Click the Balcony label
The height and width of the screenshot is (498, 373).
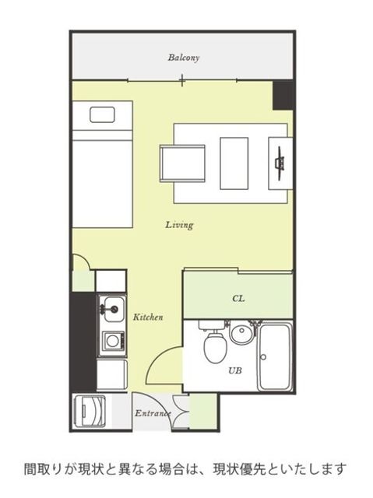pyautogui.click(x=184, y=58)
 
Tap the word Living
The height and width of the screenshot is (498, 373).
pyautogui.click(x=179, y=225)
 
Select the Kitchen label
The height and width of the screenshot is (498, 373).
pyautogui.click(x=148, y=317)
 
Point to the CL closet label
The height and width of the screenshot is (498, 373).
pyautogui.click(x=238, y=299)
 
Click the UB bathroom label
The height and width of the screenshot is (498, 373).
pyautogui.click(x=235, y=370)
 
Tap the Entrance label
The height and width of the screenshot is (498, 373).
pyautogui.click(x=153, y=413)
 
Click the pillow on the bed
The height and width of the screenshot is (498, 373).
pyautogui.click(x=102, y=114)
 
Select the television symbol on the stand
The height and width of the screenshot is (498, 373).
pyautogui.click(x=280, y=163)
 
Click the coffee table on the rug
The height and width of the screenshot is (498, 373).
pyautogui.click(x=234, y=163)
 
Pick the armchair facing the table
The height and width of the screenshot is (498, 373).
pyautogui.click(x=183, y=163)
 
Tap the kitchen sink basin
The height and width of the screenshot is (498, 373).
pyautogui.click(x=112, y=310)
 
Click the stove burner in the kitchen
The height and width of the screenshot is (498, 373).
pyautogui.click(x=112, y=341)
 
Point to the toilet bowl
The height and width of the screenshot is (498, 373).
pyautogui.click(x=215, y=347)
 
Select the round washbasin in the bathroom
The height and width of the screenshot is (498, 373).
pyautogui.click(x=242, y=334)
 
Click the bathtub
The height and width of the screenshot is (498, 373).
pyautogui.click(x=275, y=356)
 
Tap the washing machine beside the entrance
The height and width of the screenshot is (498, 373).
pyautogui.click(x=90, y=412)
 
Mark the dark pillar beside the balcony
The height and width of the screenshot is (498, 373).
pyautogui.click(x=283, y=95)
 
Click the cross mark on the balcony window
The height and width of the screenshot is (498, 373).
pyautogui.click(x=182, y=80)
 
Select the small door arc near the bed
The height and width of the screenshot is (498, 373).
pyautogui.click(x=85, y=259)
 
